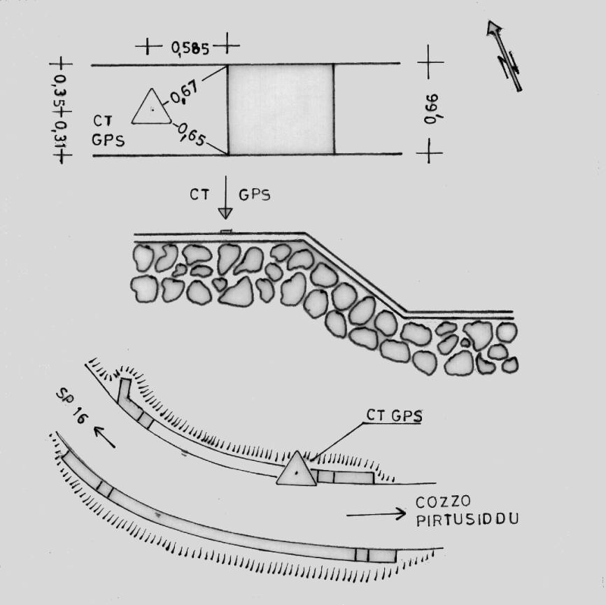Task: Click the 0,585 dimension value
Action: (190, 48)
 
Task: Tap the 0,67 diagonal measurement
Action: (184, 93)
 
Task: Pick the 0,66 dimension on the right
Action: (432, 108)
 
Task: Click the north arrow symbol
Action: (505, 56)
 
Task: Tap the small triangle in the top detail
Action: (151, 106)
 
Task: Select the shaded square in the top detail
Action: (281, 109)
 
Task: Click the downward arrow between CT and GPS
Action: (225, 197)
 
